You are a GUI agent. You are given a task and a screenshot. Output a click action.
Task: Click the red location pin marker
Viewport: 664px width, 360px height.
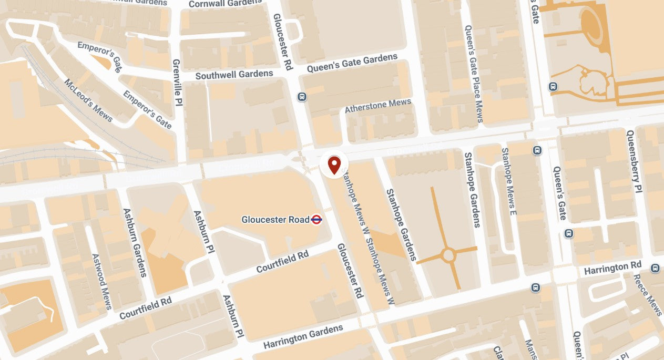tap(334, 164)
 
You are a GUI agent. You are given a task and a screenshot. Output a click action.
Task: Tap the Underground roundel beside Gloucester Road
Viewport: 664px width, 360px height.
tap(316, 220)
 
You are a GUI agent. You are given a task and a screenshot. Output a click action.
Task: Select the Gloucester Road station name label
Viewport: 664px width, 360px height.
tap(275, 220)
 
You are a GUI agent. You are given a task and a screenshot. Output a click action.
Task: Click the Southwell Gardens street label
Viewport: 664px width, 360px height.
tap(234, 75)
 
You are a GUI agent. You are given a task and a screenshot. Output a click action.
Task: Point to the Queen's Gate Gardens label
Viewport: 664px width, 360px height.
tap(352, 63)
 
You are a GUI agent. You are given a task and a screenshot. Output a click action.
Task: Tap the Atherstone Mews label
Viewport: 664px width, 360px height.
tap(377, 106)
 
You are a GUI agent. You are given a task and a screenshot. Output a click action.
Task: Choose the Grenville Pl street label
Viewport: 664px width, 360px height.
tap(177, 83)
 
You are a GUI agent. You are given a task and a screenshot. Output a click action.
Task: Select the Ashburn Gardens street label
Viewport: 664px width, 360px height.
tap(135, 242)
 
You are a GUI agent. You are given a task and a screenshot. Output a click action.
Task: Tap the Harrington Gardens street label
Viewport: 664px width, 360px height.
tap(303, 337)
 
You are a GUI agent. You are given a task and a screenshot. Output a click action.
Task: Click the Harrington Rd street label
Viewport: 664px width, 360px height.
tap(612, 268)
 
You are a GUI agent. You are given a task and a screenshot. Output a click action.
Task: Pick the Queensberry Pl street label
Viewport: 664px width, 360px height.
tap(635, 161)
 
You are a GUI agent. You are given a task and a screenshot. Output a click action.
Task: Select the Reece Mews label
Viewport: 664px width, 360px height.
tap(647, 294)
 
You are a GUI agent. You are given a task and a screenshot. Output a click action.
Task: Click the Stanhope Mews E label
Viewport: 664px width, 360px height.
tap(509, 182)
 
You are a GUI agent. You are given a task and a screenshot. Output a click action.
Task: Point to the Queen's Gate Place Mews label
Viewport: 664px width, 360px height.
tap(473, 74)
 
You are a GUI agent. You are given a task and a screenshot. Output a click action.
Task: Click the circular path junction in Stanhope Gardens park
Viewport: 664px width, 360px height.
tap(448, 256)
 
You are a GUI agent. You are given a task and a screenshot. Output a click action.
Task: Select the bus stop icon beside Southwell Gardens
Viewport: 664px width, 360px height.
tap(302, 97)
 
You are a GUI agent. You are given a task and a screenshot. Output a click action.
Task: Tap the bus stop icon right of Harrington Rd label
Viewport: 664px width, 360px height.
tap(655, 268)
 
